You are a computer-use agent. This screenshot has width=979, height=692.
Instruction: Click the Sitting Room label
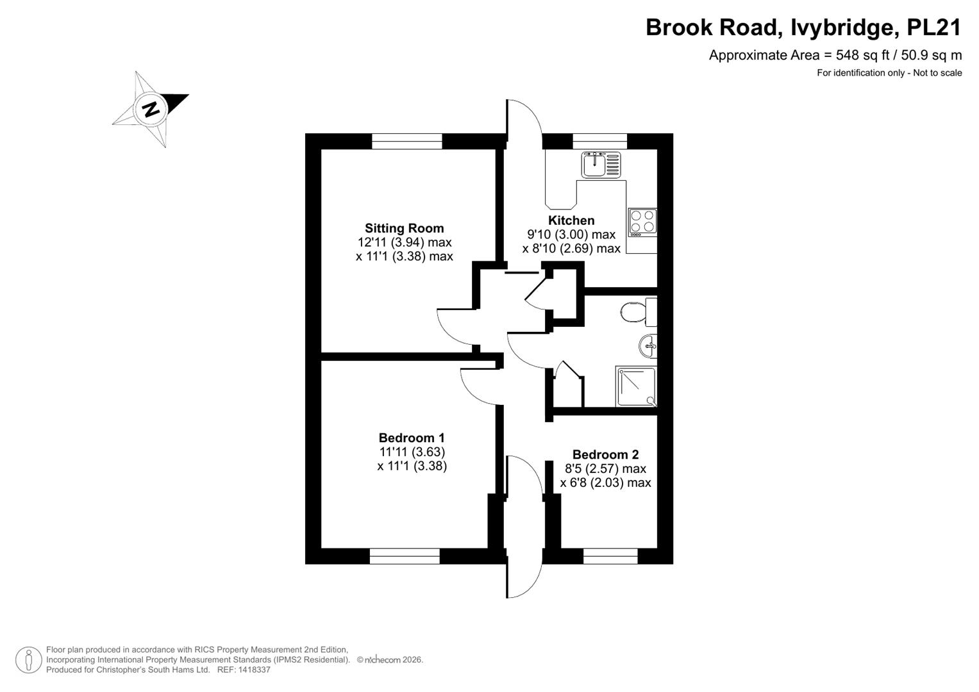[x=405, y=228]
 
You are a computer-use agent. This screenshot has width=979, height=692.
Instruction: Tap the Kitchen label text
[x=571, y=220]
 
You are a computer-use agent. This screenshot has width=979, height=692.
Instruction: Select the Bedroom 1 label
[x=412, y=438]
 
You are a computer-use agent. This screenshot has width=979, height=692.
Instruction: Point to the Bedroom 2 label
[x=605, y=454]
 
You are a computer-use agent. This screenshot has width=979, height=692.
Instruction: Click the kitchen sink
[x=601, y=165]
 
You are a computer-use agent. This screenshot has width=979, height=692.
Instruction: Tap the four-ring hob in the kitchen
[x=642, y=222]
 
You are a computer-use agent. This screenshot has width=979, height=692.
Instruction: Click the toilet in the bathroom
[x=639, y=312]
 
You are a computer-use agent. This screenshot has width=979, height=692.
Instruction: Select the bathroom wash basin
[x=648, y=347]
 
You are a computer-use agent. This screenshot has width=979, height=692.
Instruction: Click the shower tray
[x=636, y=386]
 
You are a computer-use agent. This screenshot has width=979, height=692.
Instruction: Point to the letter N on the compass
[x=151, y=108]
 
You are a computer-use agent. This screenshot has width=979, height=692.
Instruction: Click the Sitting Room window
[x=407, y=141]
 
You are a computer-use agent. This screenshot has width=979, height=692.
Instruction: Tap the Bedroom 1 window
[x=405, y=556]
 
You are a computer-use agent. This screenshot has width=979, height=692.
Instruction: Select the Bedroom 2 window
[x=610, y=556]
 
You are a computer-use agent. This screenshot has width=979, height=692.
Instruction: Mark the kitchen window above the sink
[x=599, y=141]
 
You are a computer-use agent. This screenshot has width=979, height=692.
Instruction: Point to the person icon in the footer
[x=29, y=660]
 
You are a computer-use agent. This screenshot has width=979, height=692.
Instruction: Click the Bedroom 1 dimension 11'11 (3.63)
[x=412, y=452]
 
